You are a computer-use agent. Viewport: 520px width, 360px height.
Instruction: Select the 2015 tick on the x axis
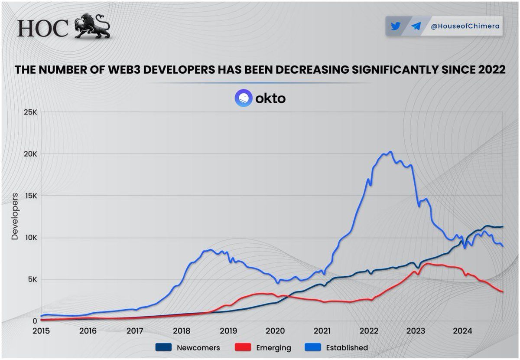(41, 331)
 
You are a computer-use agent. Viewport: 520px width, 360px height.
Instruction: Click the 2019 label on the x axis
(228, 331)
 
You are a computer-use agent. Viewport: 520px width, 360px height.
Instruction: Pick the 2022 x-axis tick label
(369, 331)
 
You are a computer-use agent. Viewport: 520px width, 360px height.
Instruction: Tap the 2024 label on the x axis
(462, 331)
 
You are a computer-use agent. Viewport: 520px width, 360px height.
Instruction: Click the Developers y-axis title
(15, 217)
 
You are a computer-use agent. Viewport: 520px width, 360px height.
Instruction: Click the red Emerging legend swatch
(243, 347)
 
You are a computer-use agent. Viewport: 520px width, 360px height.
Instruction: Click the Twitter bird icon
(395, 26)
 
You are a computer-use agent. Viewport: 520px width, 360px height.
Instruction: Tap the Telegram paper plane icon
(416, 26)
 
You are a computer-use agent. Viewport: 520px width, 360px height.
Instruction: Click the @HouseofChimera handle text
(465, 26)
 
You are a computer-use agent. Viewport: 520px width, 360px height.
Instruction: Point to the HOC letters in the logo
(42, 29)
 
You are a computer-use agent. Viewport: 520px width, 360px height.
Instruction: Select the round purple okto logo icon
(243, 98)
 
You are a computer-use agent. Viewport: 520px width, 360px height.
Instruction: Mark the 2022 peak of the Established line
(390, 152)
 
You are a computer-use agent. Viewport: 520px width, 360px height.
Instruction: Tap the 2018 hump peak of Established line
(210, 250)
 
